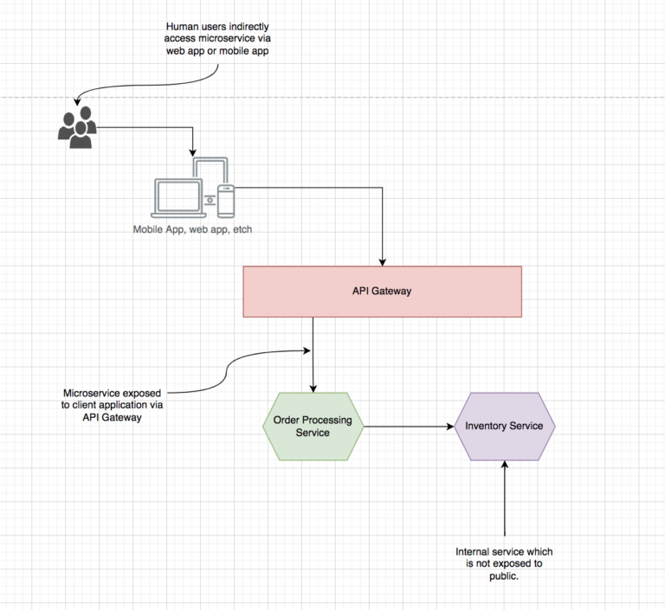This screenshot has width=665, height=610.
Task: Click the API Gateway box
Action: (x=382, y=291)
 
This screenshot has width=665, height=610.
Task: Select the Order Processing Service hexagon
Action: (x=313, y=426)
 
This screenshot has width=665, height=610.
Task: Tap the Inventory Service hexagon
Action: (x=505, y=426)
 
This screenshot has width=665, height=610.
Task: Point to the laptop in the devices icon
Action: (x=177, y=198)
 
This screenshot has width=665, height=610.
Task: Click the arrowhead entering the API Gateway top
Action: (x=382, y=260)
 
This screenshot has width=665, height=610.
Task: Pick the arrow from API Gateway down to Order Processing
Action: (x=313, y=355)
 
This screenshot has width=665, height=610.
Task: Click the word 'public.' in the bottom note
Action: (x=504, y=575)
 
